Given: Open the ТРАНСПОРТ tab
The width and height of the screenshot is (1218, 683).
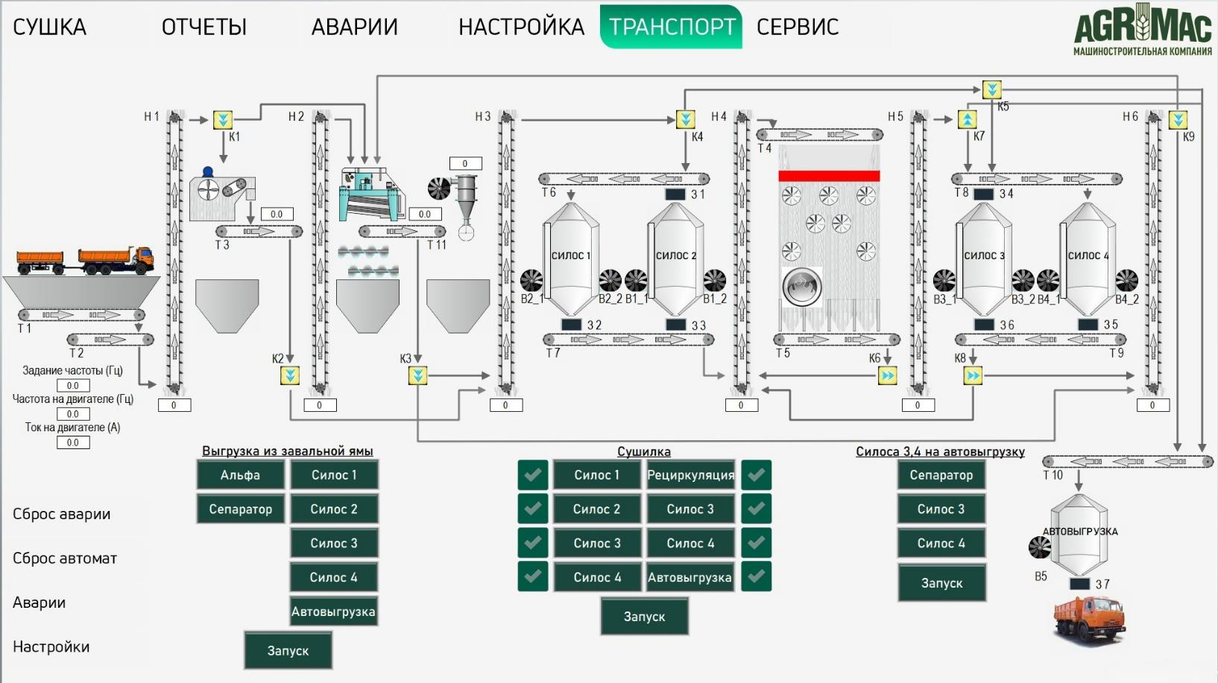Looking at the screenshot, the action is tap(671, 27).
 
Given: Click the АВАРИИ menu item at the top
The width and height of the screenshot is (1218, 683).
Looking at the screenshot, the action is tap(355, 27).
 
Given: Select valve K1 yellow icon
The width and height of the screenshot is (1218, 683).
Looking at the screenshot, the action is tap(222, 119).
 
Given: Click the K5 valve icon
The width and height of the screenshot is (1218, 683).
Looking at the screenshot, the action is tap(992, 89).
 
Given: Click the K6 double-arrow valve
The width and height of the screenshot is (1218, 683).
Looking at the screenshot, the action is tap(887, 375).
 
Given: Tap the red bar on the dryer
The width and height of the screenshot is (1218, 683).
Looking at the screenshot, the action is tap(829, 176).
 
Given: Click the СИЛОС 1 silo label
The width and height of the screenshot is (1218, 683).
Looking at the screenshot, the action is tap(570, 255).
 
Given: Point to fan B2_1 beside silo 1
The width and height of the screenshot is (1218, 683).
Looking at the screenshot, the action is tap(531, 280).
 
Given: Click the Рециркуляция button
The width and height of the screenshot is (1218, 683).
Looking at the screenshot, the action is tap(690, 475).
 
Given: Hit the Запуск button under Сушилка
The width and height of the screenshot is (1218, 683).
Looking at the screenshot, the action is tap(644, 617).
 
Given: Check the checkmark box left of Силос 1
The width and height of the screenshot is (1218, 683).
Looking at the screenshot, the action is tap(533, 475).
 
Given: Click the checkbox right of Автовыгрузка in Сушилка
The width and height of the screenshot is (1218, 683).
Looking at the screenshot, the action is tap(757, 576).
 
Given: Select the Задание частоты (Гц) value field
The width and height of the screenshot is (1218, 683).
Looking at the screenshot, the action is tap(73, 386).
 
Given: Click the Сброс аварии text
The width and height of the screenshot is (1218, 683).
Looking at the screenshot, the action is tap(61, 514).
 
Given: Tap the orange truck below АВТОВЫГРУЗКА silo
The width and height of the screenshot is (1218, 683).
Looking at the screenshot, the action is tap(1089, 621).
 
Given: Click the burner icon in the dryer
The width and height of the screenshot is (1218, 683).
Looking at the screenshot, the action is tap(801, 287).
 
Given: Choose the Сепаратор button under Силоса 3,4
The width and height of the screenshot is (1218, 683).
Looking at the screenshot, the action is tap(941, 475).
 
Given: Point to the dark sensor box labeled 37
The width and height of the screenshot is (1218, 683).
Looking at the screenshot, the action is tap(1079, 584).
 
